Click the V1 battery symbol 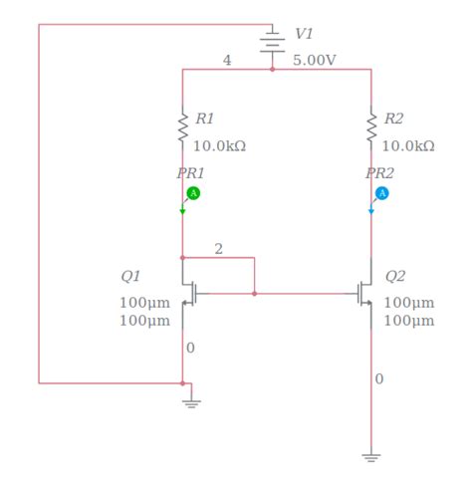point(272,40)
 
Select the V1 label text point(304,34)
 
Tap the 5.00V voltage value point(315,60)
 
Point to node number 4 point(227,60)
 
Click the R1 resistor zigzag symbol point(182,127)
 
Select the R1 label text point(204,119)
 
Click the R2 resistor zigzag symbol point(371,127)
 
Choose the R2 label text point(393,119)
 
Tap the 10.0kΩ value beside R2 point(408,145)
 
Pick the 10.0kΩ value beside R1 point(219,145)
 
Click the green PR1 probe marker point(194,192)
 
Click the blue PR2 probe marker point(382,192)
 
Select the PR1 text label point(190,172)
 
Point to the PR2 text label point(379,172)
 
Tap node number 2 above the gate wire point(218,248)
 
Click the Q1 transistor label point(130,276)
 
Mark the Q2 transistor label point(395,276)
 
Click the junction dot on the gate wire point(255,294)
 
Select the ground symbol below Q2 point(371,458)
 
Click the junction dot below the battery point(272,70)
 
